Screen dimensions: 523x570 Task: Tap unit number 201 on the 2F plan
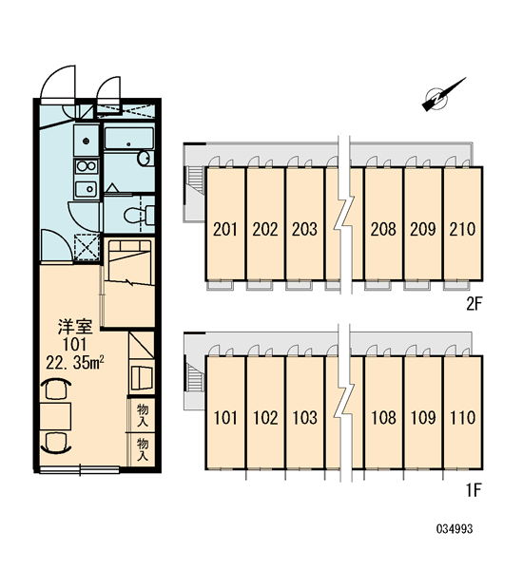225,229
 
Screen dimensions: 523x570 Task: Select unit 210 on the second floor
462,229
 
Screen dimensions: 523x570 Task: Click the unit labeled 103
304,418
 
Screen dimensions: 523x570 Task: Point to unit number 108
383,418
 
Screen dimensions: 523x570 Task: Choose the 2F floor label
474,304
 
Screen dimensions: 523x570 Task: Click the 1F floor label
474,491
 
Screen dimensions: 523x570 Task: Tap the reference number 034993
455,528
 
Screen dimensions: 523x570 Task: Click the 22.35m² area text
75,363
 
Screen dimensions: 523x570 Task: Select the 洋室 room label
75,327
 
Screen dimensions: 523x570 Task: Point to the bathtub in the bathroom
128,138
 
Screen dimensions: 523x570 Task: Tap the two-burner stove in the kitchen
87,167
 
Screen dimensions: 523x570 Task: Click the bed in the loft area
130,262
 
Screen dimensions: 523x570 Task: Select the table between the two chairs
55,417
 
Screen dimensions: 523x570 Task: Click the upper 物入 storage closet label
143,415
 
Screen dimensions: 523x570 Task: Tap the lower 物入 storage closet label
143,449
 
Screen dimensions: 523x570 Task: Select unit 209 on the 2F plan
423,229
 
